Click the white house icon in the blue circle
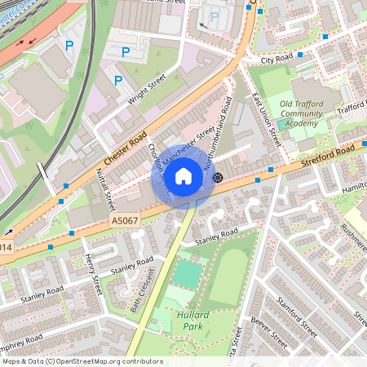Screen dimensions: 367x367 [x=183, y=176]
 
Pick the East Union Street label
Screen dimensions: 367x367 [x=266, y=121]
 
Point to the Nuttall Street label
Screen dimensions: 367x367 [x=103, y=189]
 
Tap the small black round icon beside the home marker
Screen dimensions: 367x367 [x=217, y=177]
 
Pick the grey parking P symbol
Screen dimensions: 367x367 [x=214, y=16]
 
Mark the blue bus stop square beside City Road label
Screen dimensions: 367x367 [x=301, y=55]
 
